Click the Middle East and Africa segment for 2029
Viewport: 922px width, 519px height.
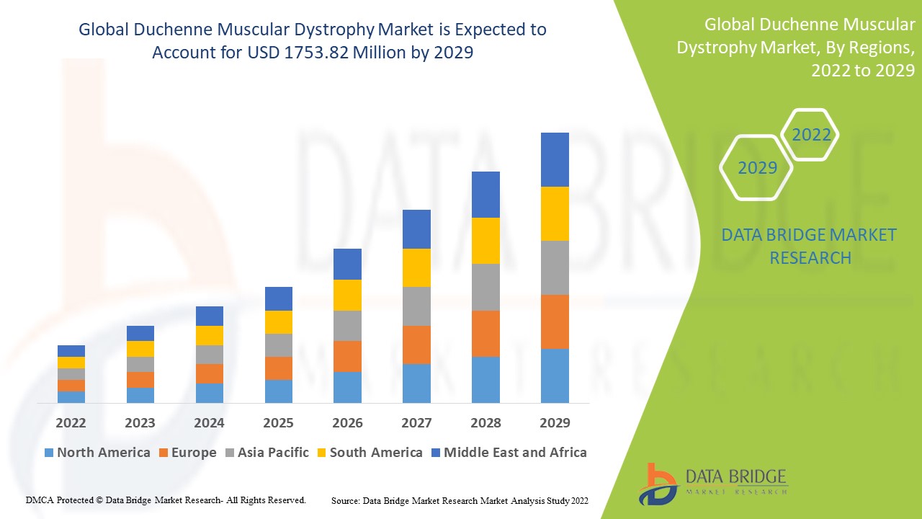(555, 159)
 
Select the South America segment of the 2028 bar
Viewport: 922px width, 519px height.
(485, 241)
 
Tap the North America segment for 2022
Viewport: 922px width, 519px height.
(71, 396)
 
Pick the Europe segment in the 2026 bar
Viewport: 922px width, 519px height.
(347, 356)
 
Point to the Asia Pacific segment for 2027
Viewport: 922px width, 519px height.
(416, 306)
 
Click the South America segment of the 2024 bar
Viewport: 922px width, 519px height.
(210, 335)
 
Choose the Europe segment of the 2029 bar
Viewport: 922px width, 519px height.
(555, 321)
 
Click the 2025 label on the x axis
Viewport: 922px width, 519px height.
(278, 422)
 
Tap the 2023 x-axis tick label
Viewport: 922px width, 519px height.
(140, 422)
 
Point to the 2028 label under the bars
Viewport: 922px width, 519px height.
(485, 422)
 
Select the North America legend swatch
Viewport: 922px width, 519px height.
(49, 453)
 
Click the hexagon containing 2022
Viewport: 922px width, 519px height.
(811, 135)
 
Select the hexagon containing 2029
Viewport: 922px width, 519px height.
(757, 168)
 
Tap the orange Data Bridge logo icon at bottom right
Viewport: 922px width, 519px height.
(658, 483)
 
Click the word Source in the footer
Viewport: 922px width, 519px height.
(346, 500)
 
